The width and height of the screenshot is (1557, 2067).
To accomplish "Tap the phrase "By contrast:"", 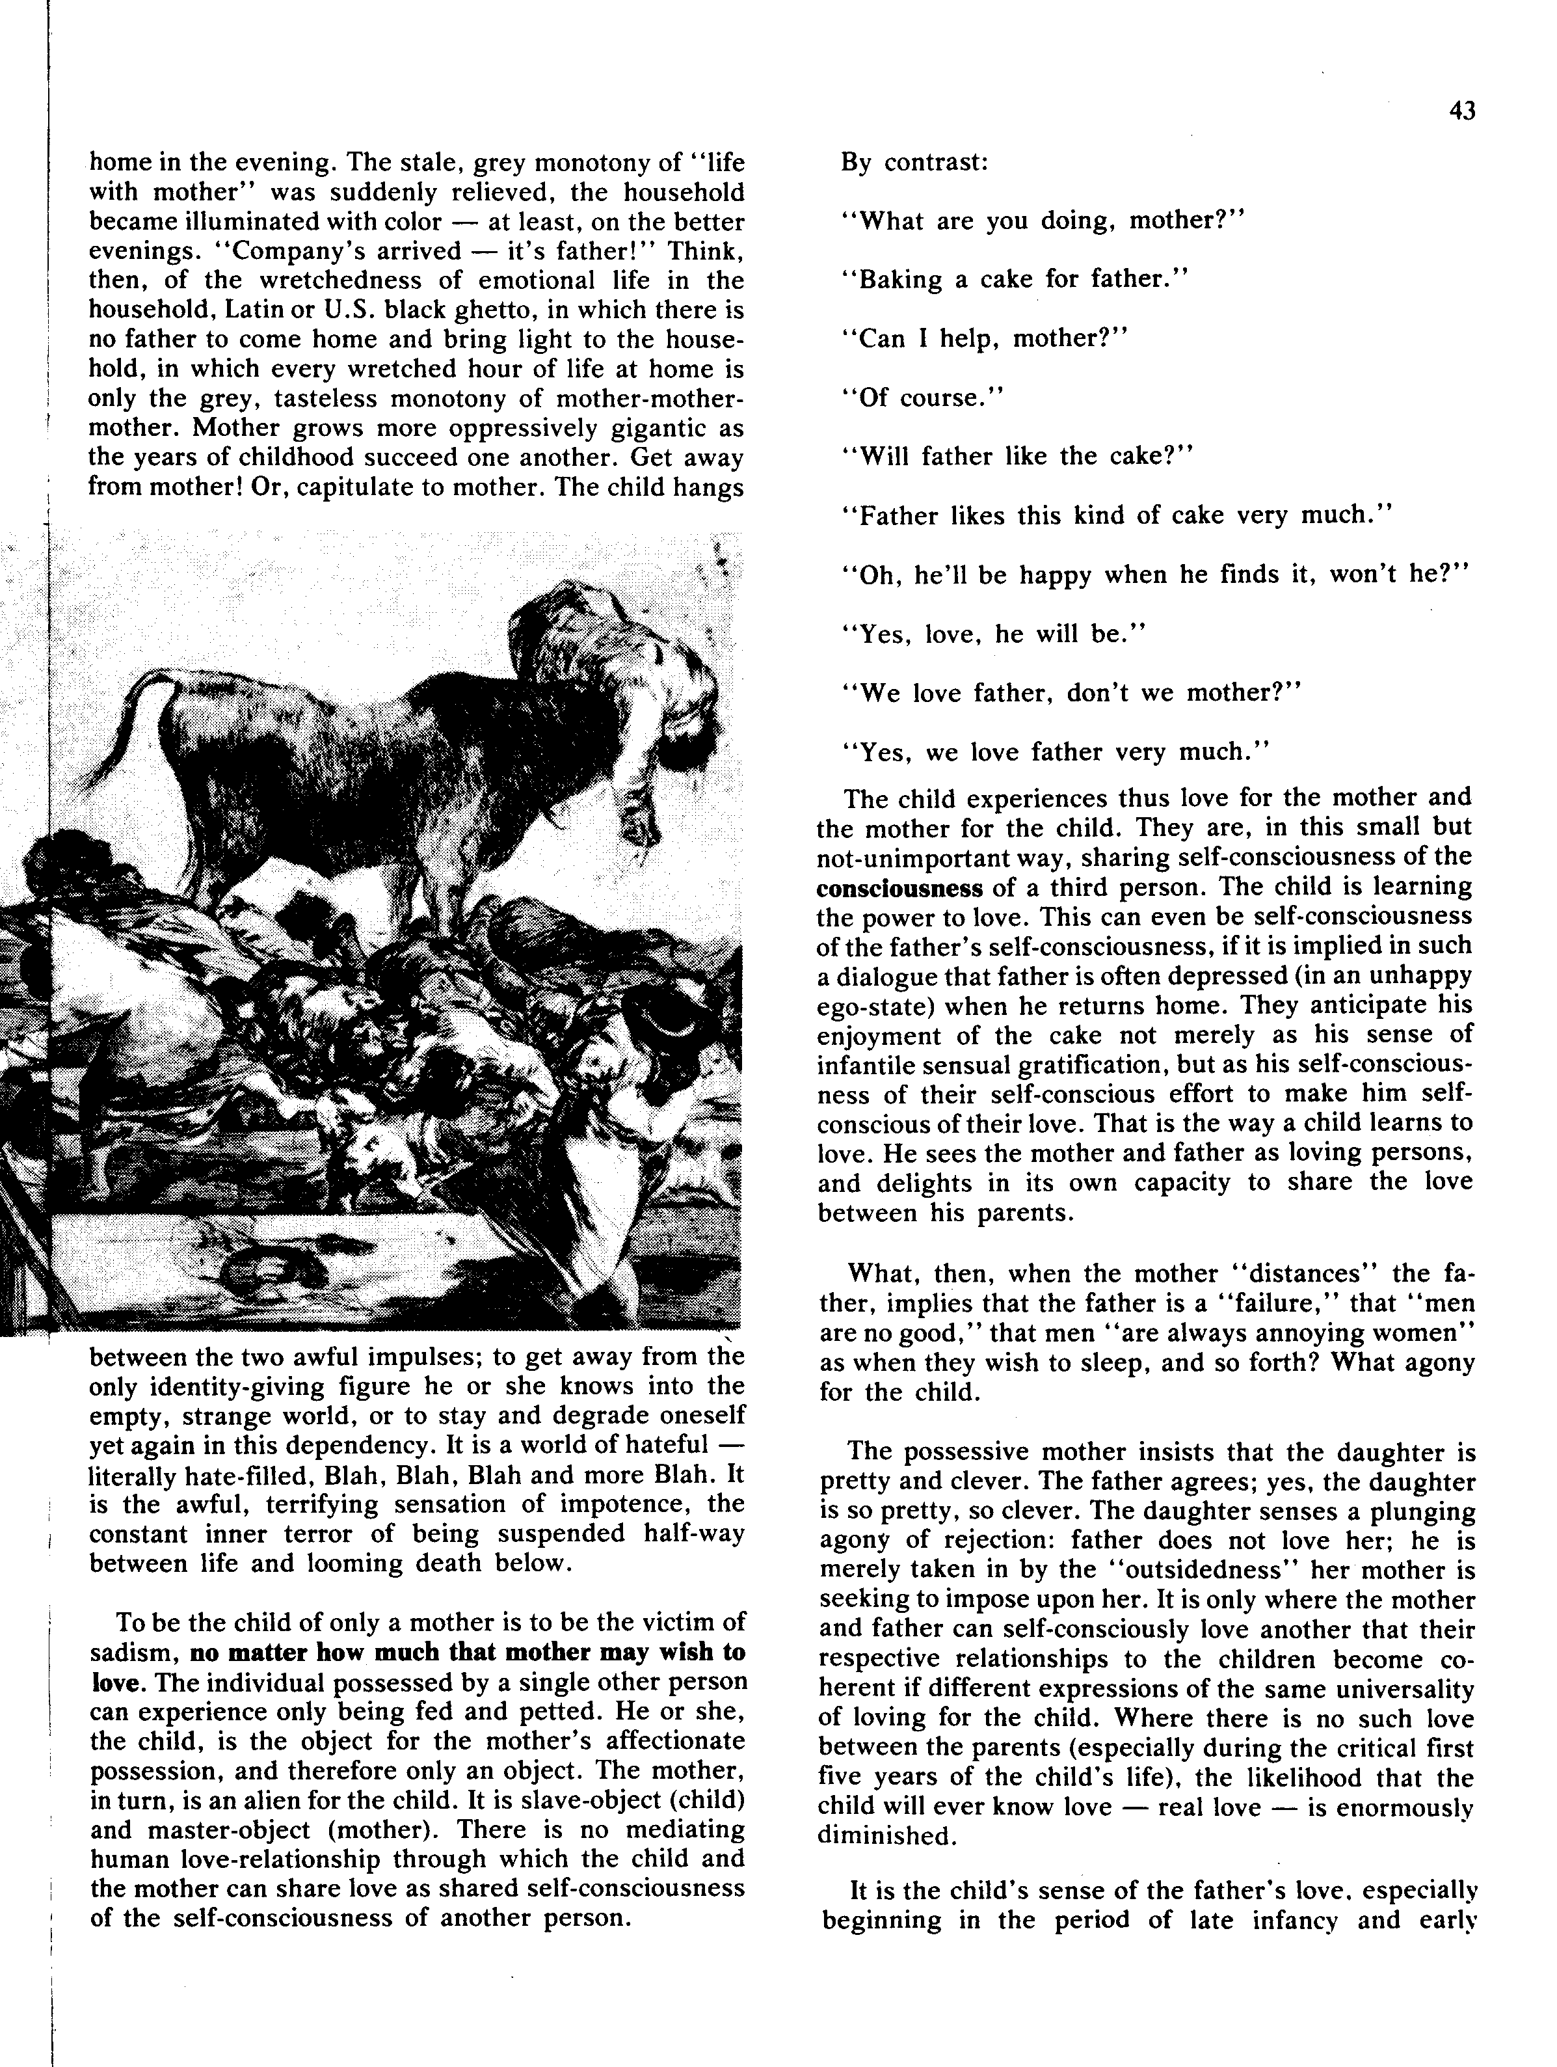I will click(x=914, y=161).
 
